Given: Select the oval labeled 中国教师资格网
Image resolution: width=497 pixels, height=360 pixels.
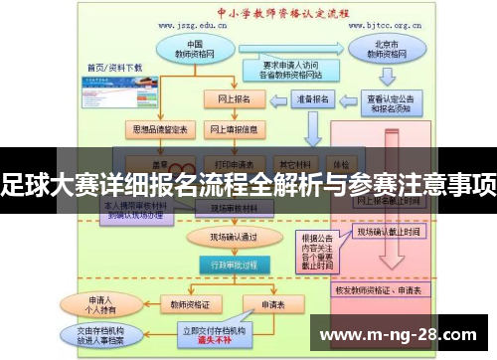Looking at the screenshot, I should pyautogui.click(x=195, y=51).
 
